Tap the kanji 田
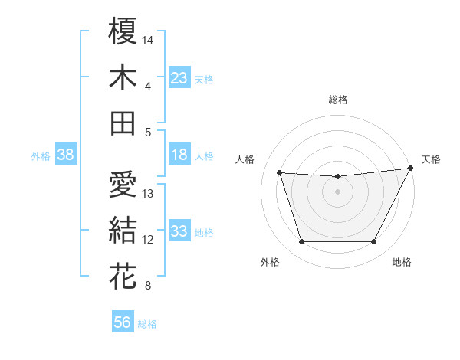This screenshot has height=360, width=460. tap(123, 123)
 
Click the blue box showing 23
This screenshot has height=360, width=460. tap(179, 77)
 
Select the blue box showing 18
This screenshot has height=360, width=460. tap(179, 155)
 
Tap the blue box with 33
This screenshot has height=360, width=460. tap(179, 231)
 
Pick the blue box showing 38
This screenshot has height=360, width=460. tap(65, 155)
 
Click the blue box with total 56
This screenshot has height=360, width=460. tap(123, 322)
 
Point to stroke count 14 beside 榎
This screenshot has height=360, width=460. tap(148, 39)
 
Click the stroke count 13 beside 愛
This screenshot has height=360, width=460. tap(148, 193)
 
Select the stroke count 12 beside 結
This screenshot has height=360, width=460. tap(148, 240)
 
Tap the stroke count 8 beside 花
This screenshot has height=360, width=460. tap(148, 286)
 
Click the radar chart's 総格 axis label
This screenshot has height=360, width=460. tap(337, 100)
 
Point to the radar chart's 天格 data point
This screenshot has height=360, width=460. tap(412, 169)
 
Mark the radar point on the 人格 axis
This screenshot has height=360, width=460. tap(279, 173)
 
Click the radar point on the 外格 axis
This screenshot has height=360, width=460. tap(301, 242)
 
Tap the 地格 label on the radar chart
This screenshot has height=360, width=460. tap(402, 263)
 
